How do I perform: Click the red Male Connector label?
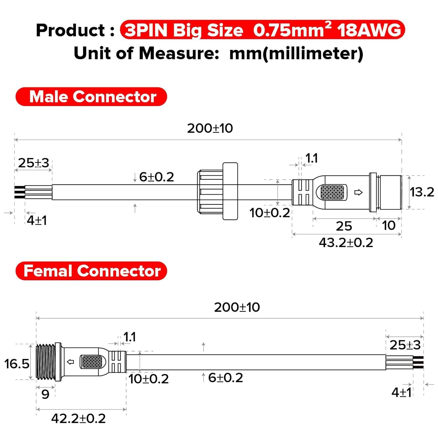91,97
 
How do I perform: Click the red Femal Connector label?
91,271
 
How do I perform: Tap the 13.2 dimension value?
422,192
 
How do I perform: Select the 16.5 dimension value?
17,364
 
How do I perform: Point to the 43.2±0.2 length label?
346,243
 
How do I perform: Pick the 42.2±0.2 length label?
78,419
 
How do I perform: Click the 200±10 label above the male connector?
210,128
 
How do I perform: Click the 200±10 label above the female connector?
237,307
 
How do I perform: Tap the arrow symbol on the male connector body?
358,192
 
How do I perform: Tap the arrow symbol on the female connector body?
70,362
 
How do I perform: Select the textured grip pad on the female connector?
93,362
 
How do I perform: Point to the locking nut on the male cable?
218,192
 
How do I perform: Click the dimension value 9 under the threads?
45,394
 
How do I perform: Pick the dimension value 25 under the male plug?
344,226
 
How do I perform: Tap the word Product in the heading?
70,30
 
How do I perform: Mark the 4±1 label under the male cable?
37,220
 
